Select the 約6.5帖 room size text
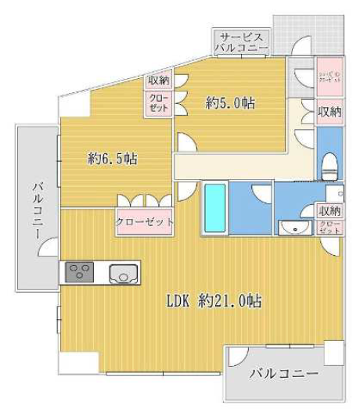[112, 158]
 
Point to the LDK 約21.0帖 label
[213, 300]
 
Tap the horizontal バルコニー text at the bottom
[283, 374]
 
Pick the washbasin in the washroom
[296, 228]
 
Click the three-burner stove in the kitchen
[78, 273]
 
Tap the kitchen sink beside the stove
[124, 274]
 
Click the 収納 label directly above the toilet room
[329, 112]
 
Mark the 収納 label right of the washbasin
[329, 210]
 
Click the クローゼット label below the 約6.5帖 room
[144, 222]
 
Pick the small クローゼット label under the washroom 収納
[329, 228]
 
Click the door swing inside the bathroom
[261, 195]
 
